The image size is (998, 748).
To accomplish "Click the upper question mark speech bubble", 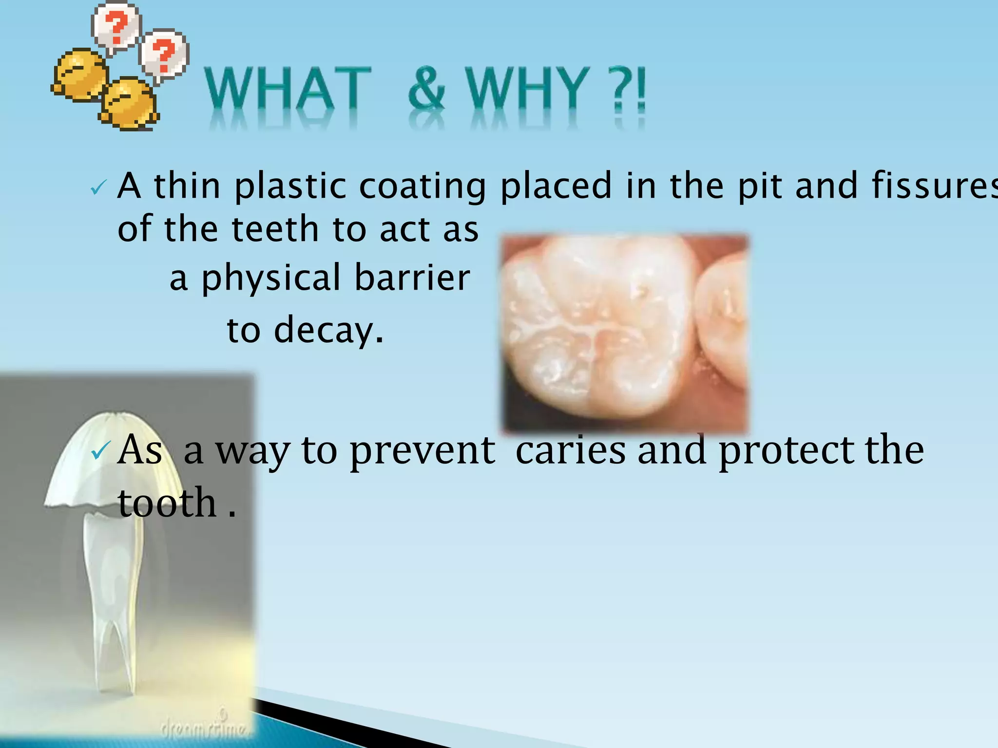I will pos(116,27).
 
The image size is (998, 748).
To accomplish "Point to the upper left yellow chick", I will pos(79,75).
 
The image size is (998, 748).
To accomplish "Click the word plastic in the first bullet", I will pos(290,187).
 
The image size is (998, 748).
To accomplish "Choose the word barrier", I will pos(412,278).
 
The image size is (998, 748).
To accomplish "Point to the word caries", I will pos(570,450).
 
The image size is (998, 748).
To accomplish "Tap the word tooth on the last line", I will pos(167,503).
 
